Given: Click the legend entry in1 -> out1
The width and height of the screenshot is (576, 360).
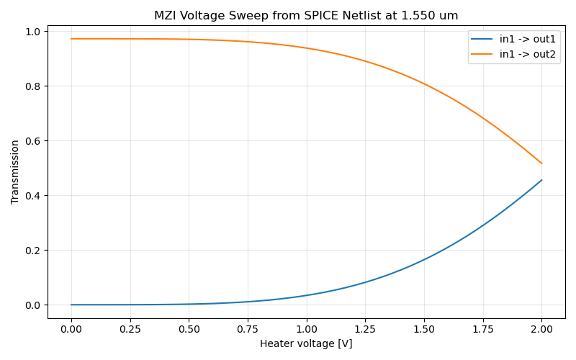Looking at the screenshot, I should pyautogui.click(x=528, y=39).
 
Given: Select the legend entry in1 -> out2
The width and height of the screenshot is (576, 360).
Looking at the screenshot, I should pyautogui.click(x=528, y=55).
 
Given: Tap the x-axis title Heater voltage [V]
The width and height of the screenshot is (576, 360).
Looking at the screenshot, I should pyautogui.click(x=306, y=344).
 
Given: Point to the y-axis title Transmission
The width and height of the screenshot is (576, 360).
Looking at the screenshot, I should pyautogui.click(x=15, y=172).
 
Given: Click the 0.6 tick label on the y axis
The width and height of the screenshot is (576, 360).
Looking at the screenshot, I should pyautogui.click(x=32, y=141).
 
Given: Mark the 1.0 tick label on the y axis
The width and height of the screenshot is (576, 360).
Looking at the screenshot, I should pyautogui.click(x=32, y=32).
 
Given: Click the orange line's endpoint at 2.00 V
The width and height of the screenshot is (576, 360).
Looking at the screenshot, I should pyautogui.click(x=541, y=163).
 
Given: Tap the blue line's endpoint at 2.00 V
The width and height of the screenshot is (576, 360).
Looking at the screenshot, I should pyautogui.click(x=541, y=180).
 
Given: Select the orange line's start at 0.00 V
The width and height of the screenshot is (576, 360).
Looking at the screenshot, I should pyautogui.click(x=71, y=39).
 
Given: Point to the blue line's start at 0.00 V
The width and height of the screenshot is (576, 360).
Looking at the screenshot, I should pyautogui.click(x=71, y=305).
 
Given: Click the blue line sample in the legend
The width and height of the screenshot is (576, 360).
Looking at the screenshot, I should pyautogui.click(x=482, y=39).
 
